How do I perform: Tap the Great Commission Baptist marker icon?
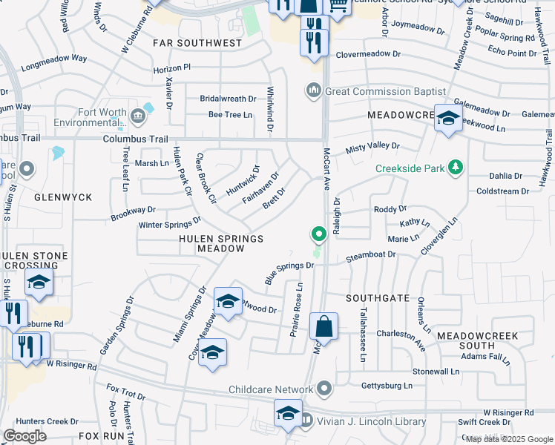(x=313, y=91)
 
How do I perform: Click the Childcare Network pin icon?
(x=324, y=389)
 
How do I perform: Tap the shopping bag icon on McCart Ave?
(x=324, y=326)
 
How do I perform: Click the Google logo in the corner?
(x=24, y=436)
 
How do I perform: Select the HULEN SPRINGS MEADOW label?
(x=221, y=244)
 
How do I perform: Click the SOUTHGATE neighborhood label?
(x=378, y=297)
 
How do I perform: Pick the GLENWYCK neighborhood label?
(x=62, y=197)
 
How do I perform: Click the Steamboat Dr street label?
(x=371, y=256)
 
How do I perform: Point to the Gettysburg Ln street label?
(x=386, y=386)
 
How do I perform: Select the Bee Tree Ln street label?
(x=231, y=114)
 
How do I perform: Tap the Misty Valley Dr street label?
(x=372, y=148)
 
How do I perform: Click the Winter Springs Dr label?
(x=170, y=222)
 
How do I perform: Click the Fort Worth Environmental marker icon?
(x=138, y=116)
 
